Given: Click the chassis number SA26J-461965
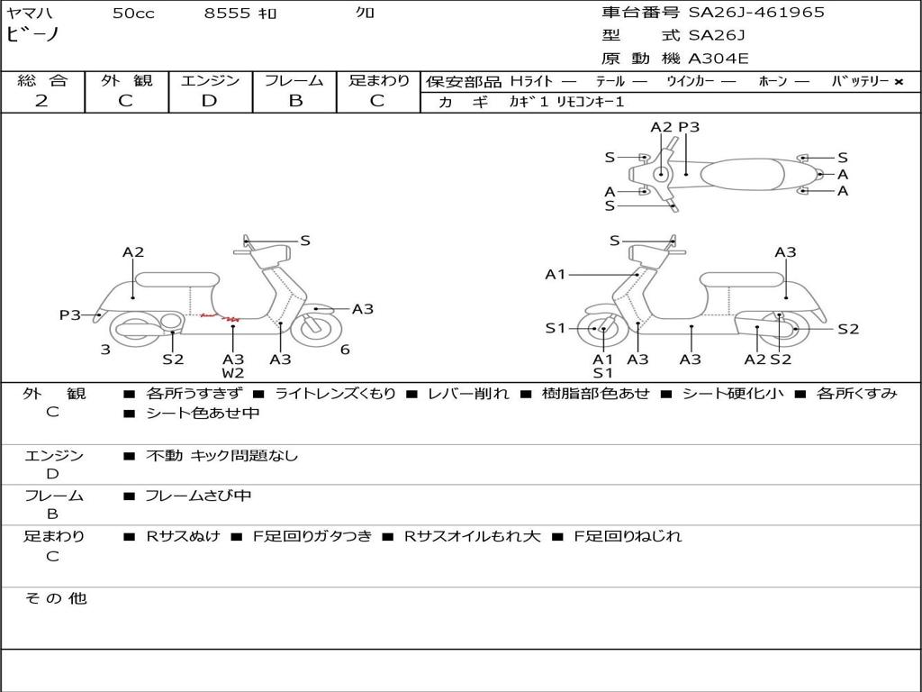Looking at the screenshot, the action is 756,13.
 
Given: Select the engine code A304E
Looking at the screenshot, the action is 719,59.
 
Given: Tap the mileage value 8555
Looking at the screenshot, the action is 227,14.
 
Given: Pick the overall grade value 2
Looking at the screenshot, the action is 41,101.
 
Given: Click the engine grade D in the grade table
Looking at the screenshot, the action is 209,101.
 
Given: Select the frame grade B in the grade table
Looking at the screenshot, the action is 295,101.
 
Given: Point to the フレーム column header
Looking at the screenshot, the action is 294,80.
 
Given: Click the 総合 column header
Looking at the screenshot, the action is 42,80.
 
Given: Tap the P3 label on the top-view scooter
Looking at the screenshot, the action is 689,127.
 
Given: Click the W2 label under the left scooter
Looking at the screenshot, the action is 233,373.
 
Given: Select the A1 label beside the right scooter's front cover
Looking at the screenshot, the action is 556,275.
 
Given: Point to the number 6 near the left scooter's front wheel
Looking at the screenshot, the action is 345,350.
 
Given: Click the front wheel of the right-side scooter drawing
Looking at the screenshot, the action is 602,330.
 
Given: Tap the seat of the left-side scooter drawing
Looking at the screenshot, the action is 176,279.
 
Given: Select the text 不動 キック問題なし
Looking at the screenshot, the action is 221,456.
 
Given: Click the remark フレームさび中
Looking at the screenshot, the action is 198,496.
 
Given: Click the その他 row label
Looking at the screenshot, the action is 55,598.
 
